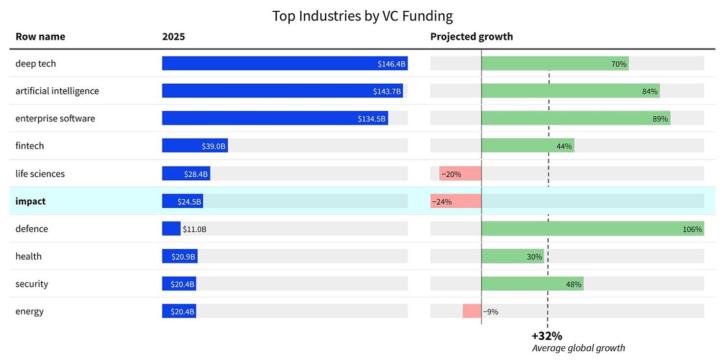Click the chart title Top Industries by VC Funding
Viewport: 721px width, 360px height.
click(362, 16)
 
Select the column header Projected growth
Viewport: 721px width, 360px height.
click(471, 37)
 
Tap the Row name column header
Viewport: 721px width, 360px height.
click(40, 37)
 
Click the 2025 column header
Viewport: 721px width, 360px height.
click(173, 37)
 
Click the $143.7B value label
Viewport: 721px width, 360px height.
click(387, 91)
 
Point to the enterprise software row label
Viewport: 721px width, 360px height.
click(55, 119)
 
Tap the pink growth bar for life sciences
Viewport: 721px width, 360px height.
click(460, 173)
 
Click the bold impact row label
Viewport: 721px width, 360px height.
click(30, 201)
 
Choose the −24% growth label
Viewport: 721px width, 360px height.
click(441, 201)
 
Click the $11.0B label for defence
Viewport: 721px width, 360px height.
click(194, 229)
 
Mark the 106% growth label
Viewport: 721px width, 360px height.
click(692, 229)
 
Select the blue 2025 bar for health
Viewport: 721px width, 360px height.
click(180, 256)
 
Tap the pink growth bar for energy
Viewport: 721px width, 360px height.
click(472, 311)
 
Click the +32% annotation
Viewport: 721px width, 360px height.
click(547, 336)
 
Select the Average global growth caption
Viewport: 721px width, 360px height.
click(578, 348)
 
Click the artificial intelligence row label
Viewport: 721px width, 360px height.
click(57, 91)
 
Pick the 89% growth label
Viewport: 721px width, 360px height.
click(660, 119)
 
